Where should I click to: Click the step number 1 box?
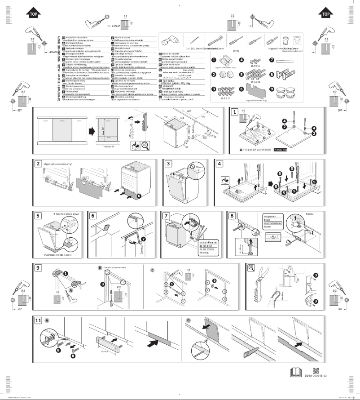tap(234, 113)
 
